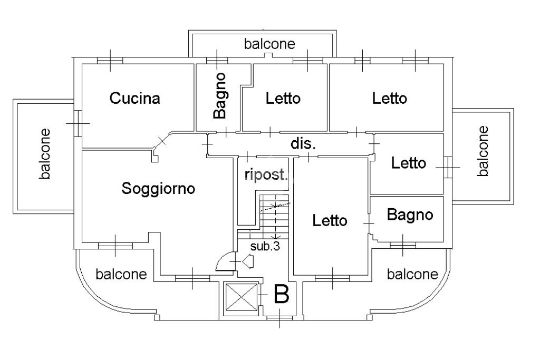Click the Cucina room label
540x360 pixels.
[134, 98]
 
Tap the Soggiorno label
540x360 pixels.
[158, 188]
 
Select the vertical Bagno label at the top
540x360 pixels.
[220, 95]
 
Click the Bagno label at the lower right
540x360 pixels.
[410, 215]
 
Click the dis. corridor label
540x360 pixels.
[303, 144]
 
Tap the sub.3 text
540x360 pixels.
[265, 246]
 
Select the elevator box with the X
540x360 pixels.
[240, 299]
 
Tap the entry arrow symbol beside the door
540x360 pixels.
[248, 260]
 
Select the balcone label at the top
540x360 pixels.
[269, 44]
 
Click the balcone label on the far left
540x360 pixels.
[45, 153]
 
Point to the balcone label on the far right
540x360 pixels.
[483, 150]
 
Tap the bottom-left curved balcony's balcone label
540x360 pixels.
[121, 275]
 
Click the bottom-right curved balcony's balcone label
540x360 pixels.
[412, 274]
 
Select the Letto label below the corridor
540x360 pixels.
[330, 220]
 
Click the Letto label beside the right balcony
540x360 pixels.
[408, 163]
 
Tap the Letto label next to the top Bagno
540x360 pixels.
[283, 98]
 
